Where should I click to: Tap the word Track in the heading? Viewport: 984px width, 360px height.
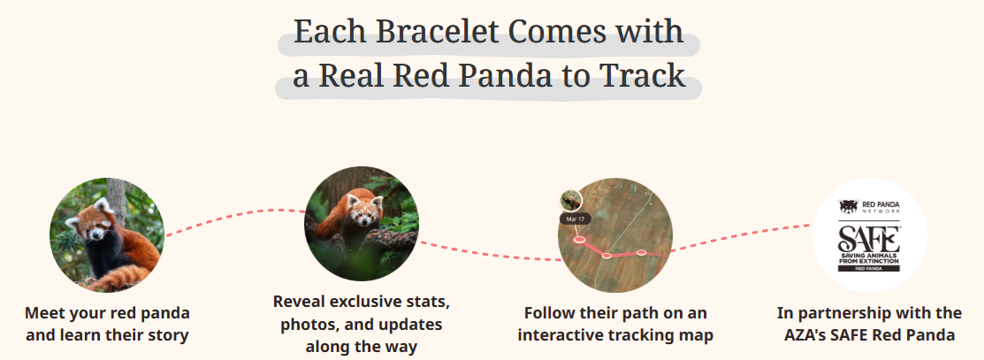(643, 76)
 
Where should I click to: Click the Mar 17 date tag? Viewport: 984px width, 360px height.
(576, 218)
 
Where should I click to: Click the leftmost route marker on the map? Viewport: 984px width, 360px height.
(579, 239)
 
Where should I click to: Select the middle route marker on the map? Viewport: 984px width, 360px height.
(606, 256)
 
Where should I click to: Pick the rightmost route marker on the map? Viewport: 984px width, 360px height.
(642, 253)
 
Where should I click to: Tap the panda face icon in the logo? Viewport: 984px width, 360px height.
(848, 207)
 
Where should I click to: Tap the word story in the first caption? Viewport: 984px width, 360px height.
(166, 334)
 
